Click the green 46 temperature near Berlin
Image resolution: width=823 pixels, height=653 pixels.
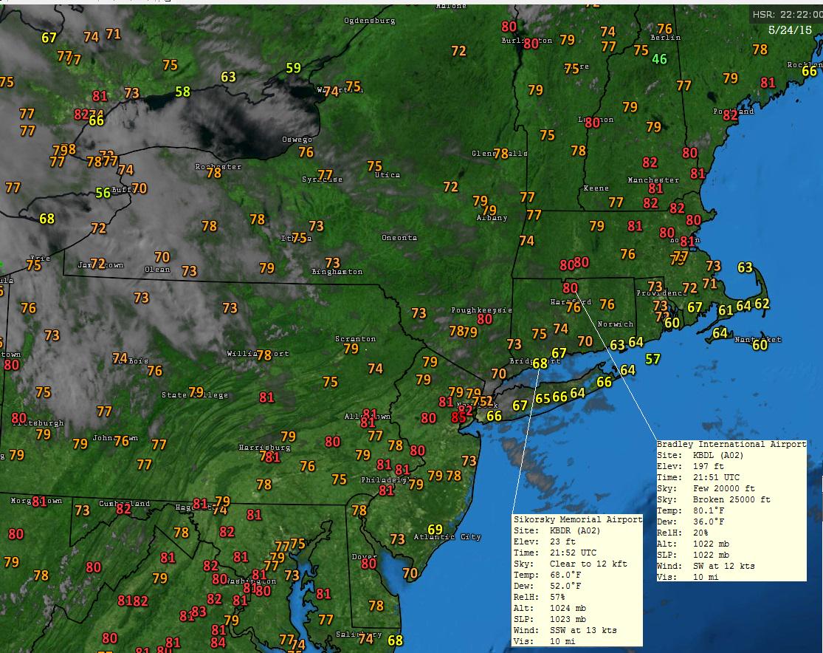pyautogui.click(x=659, y=59)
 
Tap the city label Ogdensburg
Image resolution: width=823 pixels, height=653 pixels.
pyautogui.click(x=370, y=21)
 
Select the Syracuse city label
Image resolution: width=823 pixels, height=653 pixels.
pyautogui.click(x=323, y=180)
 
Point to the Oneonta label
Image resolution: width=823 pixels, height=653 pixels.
pyautogui.click(x=399, y=238)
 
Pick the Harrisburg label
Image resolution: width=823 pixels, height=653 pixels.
pyautogui.click(x=264, y=448)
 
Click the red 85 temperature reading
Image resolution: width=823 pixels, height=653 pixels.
pyautogui.click(x=458, y=417)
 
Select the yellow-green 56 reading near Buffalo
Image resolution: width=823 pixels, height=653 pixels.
pyautogui.click(x=103, y=193)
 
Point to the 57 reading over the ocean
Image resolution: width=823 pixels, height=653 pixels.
pyautogui.click(x=652, y=359)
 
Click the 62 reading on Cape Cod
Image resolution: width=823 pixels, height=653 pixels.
pyautogui.click(x=762, y=304)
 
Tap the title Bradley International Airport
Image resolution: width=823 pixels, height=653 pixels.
pyautogui.click(x=731, y=445)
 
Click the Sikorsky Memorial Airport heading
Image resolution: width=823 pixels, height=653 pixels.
pyautogui.click(x=577, y=519)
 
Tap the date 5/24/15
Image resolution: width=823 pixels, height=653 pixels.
pyautogui.click(x=788, y=31)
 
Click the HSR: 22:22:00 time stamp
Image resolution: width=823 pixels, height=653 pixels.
pyautogui.click(x=784, y=15)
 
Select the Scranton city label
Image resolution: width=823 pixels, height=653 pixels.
pyautogui.click(x=356, y=339)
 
